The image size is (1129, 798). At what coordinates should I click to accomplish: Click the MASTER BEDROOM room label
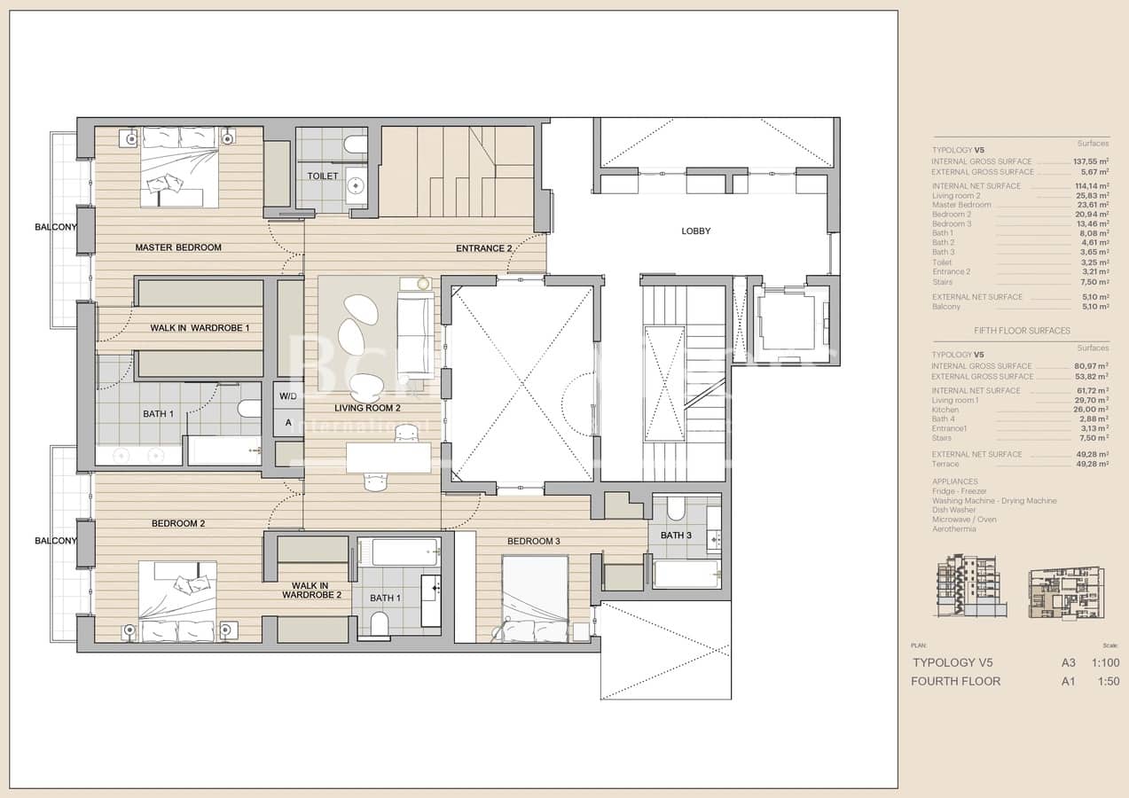click(178, 247)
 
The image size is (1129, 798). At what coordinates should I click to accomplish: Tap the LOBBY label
click(695, 231)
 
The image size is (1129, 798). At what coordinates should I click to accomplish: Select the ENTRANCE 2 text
click(483, 248)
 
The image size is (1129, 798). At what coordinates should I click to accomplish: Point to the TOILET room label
click(322, 176)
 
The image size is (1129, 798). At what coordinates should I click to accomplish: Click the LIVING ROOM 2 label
click(367, 409)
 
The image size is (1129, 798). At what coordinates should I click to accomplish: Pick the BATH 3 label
click(676, 536)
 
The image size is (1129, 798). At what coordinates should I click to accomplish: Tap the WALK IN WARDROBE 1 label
click(200, 328)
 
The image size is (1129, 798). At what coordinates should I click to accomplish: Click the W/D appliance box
click(288, 396)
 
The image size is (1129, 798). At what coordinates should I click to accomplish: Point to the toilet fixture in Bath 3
click(676, 509)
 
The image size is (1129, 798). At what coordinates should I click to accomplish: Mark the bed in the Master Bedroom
click(180, 167)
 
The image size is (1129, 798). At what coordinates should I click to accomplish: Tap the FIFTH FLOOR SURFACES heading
click(1022, 331)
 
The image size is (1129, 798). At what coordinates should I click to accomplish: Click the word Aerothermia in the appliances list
click(953, 529)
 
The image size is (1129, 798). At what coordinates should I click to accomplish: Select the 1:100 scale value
click(1105, 662)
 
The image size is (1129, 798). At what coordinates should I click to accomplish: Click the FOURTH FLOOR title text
click(955, 681)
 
